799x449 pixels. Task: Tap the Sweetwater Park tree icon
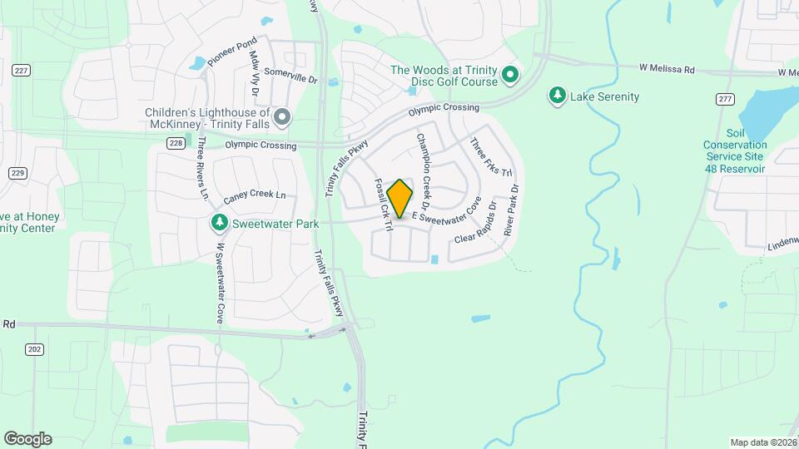(219, 223)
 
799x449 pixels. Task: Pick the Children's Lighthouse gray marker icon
(282, 118)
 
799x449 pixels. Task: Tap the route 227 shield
(21, 72)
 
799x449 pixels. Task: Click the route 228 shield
(175, 143)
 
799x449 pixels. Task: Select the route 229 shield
(17, 172)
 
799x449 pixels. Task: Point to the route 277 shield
(726, 100)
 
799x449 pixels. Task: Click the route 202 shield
(34, 349)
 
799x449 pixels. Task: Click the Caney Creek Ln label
(255, 197)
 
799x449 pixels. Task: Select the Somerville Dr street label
(291, 76)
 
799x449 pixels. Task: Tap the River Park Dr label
(511, 211)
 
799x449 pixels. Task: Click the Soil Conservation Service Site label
(734, 145)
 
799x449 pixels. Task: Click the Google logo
(27, 438)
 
